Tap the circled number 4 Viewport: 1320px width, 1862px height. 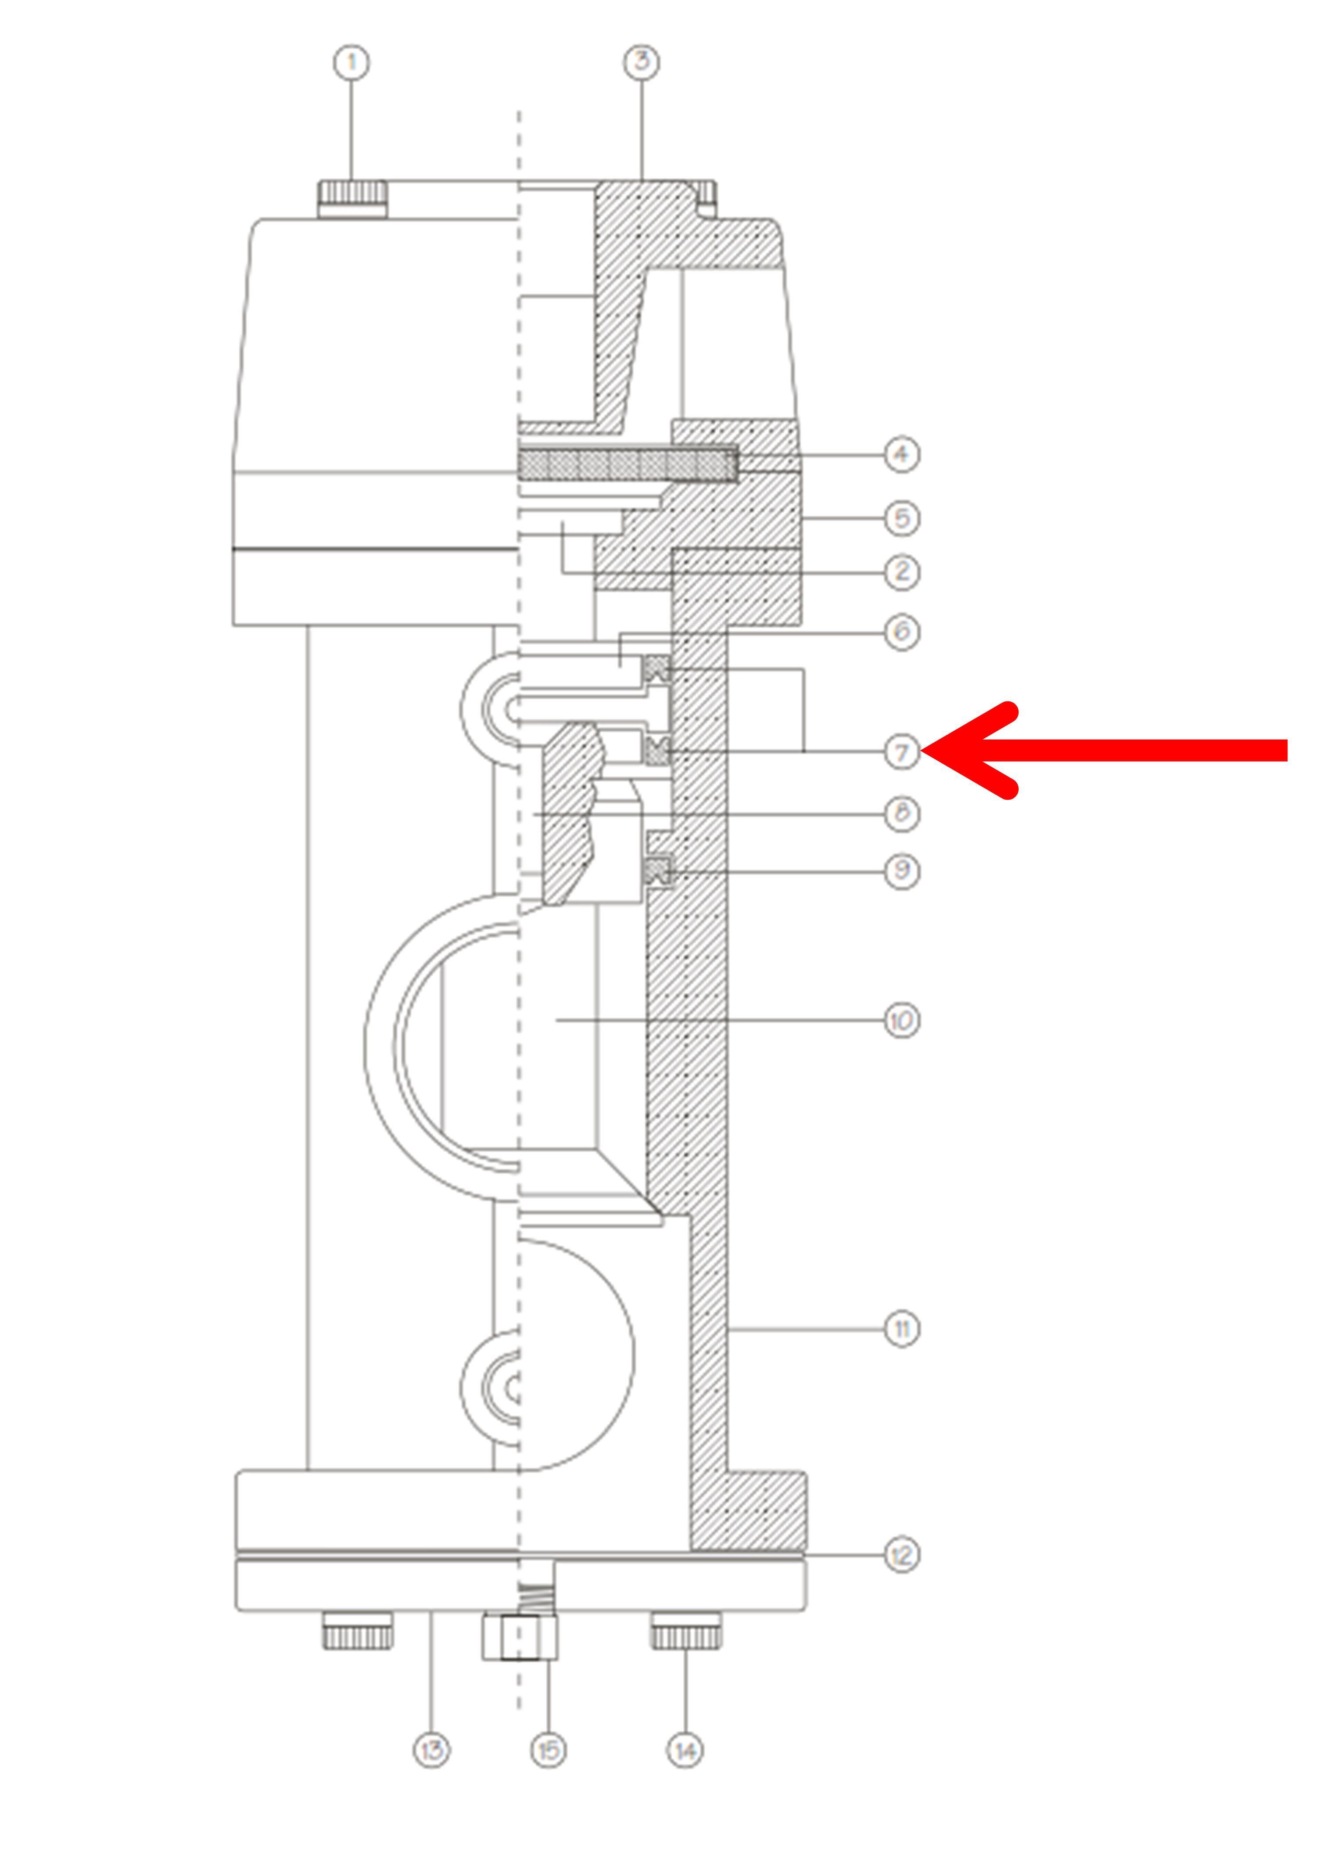(901, 454)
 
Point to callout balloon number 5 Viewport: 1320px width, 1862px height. (901, 518)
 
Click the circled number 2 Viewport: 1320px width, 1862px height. (901, 572)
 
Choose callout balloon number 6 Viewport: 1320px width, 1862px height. (901, 632)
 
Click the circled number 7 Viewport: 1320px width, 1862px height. (901, 751)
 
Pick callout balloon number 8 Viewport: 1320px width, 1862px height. (901, 813)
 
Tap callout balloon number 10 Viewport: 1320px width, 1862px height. (901, 1021)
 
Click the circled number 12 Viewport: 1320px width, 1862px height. (901, 1556)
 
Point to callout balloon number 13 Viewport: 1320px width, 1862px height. (432, 1750)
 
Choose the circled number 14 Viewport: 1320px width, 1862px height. (685, 1750)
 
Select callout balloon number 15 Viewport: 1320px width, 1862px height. (549, 1750)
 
